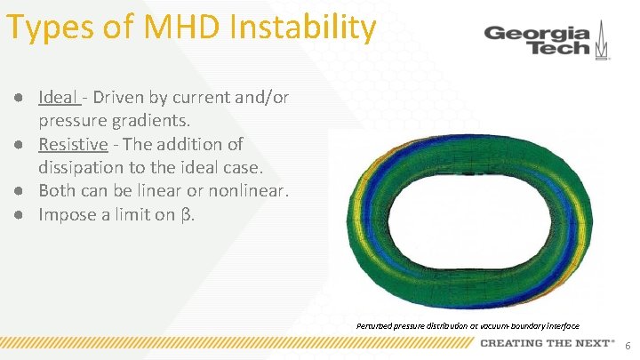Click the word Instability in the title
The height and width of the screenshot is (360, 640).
(x=302, y=27)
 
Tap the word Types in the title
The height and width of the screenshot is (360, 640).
(x=52, y=27)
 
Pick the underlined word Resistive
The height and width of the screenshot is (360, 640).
(x=73, y=143)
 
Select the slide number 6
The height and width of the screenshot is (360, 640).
(x=628, y=345)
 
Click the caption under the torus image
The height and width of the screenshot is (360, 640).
(x=468, y=326)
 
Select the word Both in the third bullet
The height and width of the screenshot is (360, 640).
(x=57, y=190)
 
